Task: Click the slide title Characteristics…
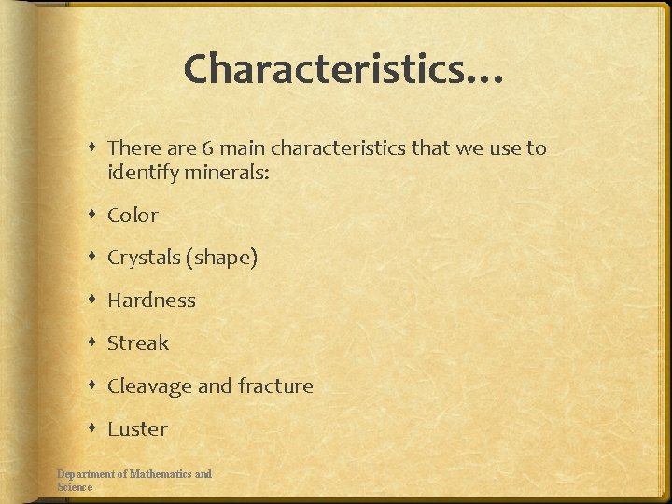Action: point(343,69)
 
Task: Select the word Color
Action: point(133,216)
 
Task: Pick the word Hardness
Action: point(151,301)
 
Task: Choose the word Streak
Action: point(138,343)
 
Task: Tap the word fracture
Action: point(275,386)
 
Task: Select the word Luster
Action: point(137,429)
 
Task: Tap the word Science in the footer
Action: point(75,487)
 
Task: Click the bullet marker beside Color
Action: point(94,216)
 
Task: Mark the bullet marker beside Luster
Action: point(94,429)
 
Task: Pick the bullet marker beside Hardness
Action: point(94,301)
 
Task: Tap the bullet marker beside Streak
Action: point(94,343)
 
